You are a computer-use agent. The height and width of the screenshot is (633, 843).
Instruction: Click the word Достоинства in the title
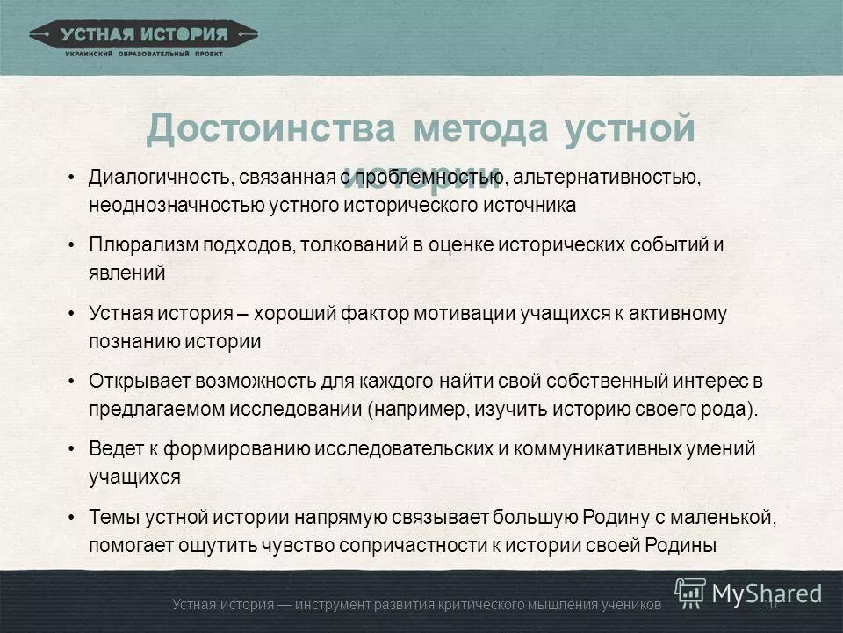pyautogui.click(x=271, y=128)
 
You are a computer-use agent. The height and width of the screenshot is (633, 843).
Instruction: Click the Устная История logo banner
pyautogui.click(x=144, y=36)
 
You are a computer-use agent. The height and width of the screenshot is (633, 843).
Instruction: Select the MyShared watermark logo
pyautogui.click(x=749, y=592)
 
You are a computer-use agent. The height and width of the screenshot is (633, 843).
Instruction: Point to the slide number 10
pyautogui.click(x=772, y=604)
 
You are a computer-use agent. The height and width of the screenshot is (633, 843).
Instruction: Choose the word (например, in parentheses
pyautogui.click(x=414, y=410)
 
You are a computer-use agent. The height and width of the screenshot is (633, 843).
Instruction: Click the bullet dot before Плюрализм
pyautogui.click(x=71, y=245)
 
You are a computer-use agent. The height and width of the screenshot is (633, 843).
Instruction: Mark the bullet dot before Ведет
pyautogui.click(x=71, y=449)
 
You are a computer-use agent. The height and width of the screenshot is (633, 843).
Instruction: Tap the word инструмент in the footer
pyautogui.click(x=335, y=604)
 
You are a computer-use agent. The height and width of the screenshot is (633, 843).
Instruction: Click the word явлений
pyautogui.click(x=126, y=273)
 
